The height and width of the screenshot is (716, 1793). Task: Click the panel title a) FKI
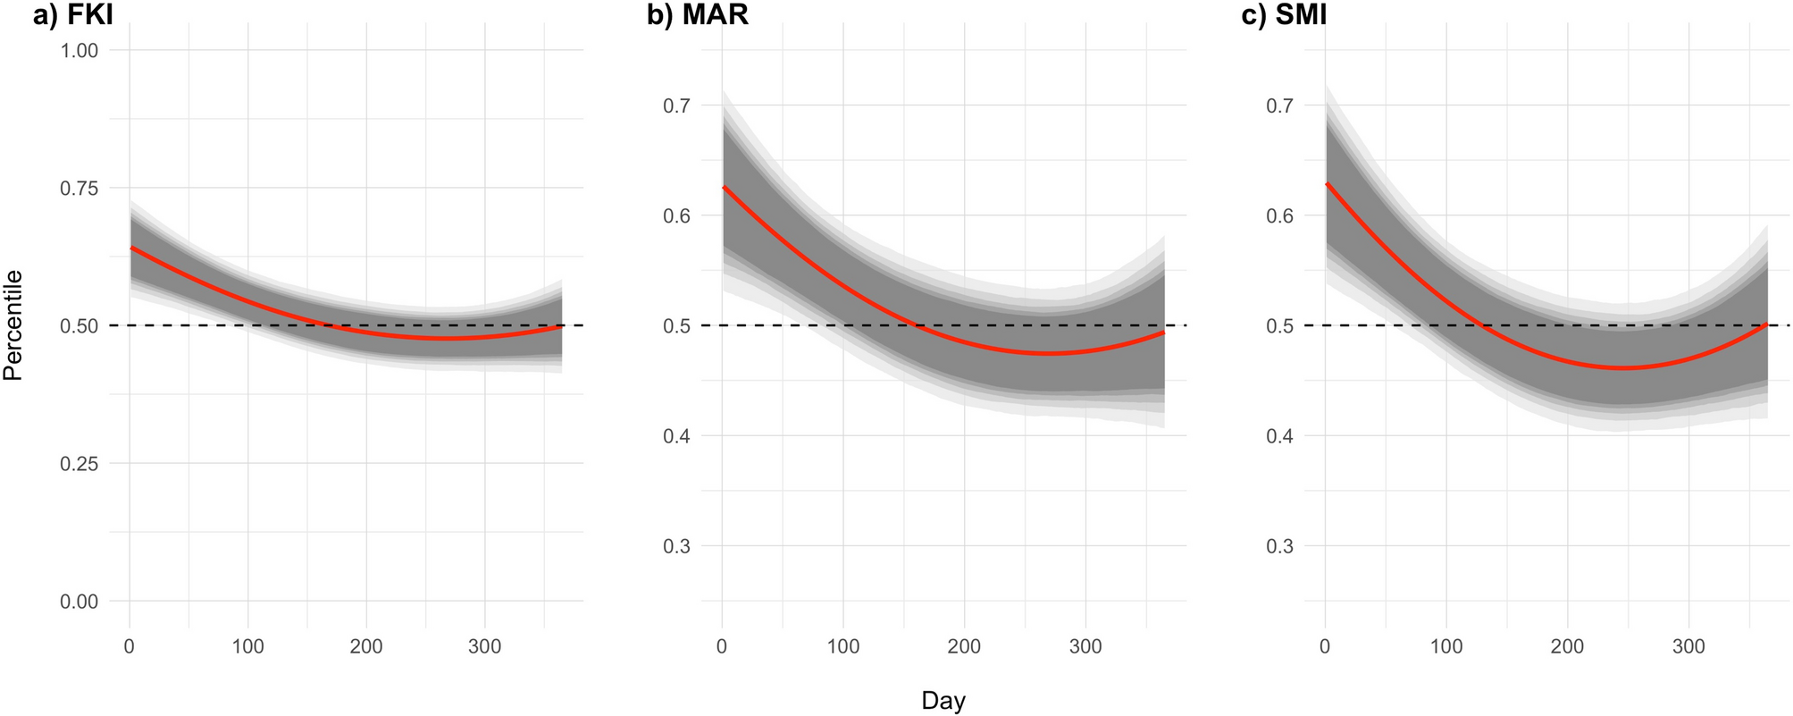72,16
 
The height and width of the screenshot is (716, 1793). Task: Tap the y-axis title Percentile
13,325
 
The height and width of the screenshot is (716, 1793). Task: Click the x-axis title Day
943,701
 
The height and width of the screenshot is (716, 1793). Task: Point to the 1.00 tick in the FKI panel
80,51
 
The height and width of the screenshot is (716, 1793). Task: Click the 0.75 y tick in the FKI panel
80,189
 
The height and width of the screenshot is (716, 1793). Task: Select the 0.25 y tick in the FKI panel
80,464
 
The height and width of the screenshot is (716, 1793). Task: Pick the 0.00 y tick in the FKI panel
80,602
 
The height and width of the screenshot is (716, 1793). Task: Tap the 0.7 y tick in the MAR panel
676,105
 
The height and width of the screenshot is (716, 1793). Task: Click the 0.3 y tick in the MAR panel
676,546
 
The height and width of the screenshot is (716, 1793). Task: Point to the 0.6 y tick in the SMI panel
1280,215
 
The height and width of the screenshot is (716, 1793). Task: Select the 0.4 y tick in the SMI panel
1280,436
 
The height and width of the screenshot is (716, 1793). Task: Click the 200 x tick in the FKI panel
366,646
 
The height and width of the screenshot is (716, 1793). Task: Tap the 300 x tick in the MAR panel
1085,646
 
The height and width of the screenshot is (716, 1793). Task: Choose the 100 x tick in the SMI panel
1446,646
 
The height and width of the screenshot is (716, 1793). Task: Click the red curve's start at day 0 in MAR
723,187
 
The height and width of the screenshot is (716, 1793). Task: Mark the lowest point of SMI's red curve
1624,368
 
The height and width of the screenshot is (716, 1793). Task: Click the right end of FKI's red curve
561,327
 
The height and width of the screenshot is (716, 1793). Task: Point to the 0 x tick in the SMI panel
1325,646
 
